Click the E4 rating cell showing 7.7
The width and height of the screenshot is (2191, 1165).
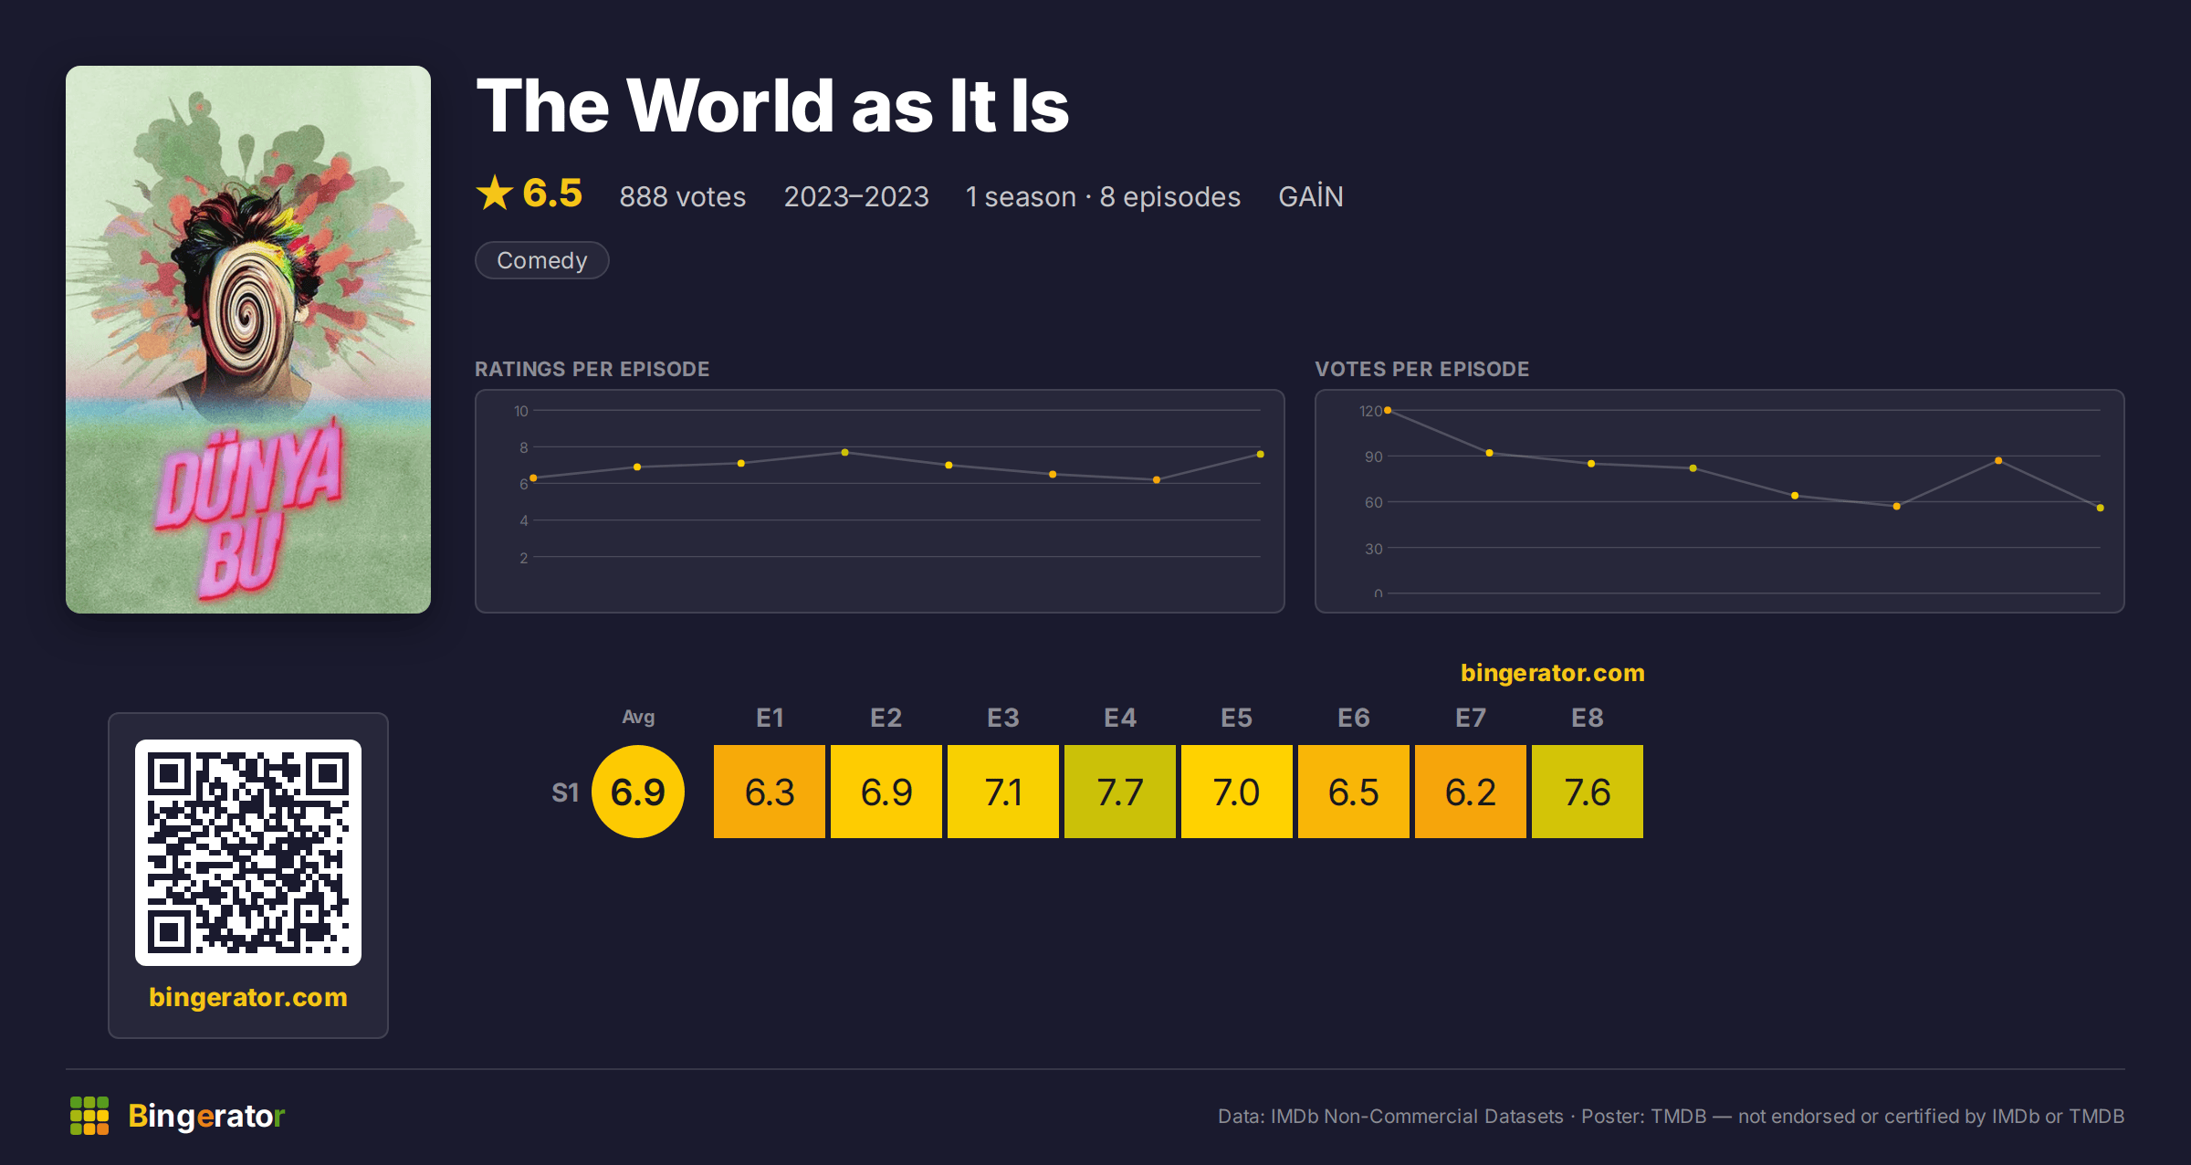(1120, 792)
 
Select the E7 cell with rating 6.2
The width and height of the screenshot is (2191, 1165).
(1471, 792)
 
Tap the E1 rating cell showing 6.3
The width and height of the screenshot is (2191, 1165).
(770, 792)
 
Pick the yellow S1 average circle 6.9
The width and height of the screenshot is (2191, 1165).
(638, 792)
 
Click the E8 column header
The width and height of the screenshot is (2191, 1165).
(1588, 718)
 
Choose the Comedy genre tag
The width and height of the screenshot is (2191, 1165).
(542, 260)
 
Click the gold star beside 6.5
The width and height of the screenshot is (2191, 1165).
(495, 193)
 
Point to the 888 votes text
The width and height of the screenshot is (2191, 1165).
(683, 196)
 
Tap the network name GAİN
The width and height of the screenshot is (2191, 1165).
(1311, 196)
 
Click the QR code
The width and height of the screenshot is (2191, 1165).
(248, 853)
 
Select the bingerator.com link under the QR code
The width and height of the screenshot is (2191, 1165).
(248, 997)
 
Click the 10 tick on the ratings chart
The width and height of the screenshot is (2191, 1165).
(520, 411)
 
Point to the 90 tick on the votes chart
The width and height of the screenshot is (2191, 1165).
(1373, 457)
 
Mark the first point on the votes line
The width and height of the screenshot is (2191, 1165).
(1388, 411)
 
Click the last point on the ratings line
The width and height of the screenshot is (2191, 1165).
(1261, 454)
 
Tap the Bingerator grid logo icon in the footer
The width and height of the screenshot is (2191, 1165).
(89, 1116)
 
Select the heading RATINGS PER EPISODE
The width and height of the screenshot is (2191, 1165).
(592, 369)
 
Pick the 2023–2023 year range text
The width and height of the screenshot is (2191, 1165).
(856, 196)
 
